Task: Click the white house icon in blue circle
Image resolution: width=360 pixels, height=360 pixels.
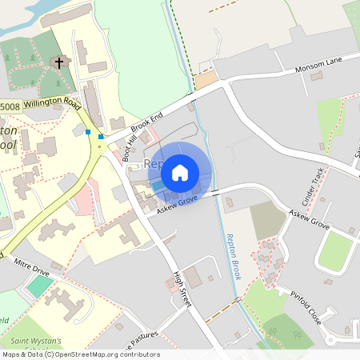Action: pos(180,172)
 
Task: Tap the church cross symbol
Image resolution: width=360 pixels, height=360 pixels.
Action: pos(59,62)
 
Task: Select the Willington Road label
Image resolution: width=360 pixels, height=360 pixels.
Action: pos(52,104)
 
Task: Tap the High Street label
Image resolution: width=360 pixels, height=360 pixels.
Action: pos(182,288)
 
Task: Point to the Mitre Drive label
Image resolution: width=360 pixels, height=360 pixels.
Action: pos(32,274)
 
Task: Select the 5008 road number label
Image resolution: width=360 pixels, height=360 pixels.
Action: pos(10,106)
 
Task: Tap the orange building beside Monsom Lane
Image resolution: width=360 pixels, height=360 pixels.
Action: pos(206,80)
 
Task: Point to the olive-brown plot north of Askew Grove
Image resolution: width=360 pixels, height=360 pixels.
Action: pos(267,220)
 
